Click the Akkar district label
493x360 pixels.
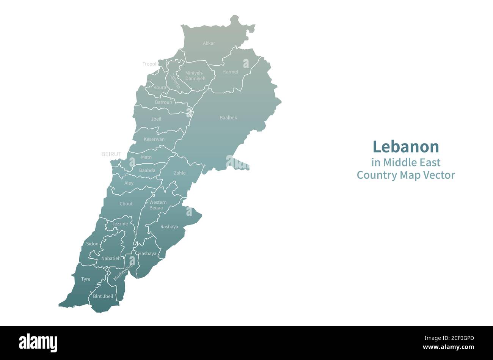[x=209, y=43]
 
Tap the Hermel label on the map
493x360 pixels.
[x=230, y=72]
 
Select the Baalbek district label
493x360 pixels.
[x=228, y=118]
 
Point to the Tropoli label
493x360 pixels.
[x=150, y=64]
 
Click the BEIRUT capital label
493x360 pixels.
[x=111, y=154]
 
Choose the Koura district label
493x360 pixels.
[x=160, y=87]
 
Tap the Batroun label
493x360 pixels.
[x=163, y=102]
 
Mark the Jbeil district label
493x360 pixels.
[x=156, y=119]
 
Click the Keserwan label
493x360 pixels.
[x=154, y=139]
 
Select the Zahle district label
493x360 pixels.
[x=180, y=173]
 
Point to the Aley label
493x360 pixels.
[x=129, y=183]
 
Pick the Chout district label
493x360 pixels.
[x=126, y=204]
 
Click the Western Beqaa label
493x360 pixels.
[x=158, y=205]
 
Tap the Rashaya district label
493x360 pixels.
[x=169, y=227]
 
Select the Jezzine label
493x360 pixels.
[x=120, y=224]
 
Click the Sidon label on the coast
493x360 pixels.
[x=92, y=244]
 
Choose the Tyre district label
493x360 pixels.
[x=86, y=279]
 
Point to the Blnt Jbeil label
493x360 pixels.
[x=103, y=296]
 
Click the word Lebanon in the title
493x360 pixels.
[x=405, y=146]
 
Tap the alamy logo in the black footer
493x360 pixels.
[x=38, y=343]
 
